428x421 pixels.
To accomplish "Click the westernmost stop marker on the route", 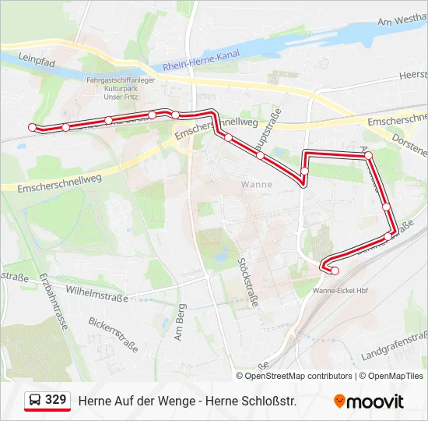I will tap(32, 127).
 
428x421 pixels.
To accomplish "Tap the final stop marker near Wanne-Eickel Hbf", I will tap(335, 271).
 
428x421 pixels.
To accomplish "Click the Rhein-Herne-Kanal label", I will tap(202, 60).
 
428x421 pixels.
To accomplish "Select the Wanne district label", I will tap(257, 185).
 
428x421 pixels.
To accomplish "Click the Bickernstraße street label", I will tap(114, 334).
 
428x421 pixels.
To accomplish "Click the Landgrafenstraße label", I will tap(395, 345).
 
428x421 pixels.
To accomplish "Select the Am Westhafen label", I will tap(401, 23).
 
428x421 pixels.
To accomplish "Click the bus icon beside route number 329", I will tap(35, 401).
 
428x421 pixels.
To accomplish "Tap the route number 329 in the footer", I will tap(55, 400).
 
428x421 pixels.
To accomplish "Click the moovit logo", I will tap(369, 402).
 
